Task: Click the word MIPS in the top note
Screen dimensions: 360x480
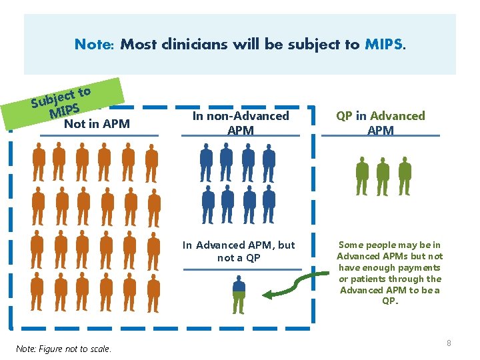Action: (x=383, y=45)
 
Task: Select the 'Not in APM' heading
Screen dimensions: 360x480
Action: (x=97, y=123)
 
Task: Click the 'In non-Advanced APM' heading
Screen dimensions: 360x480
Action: (x=241, y=123)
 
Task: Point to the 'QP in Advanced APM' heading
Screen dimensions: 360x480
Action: (x=381, y=123)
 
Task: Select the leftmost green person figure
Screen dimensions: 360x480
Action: (x=361, y=176)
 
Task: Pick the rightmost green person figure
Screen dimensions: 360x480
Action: (x=403, y=176)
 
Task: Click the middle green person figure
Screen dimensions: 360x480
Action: (x=383, y=176)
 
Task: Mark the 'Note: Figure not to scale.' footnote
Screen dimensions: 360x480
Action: (x=64, y=349)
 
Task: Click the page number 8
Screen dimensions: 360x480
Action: (x=449, y=343)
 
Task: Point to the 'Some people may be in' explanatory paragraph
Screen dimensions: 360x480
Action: (x=390, y=273)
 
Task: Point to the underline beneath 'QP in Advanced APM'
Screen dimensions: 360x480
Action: (x=381, y=136)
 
